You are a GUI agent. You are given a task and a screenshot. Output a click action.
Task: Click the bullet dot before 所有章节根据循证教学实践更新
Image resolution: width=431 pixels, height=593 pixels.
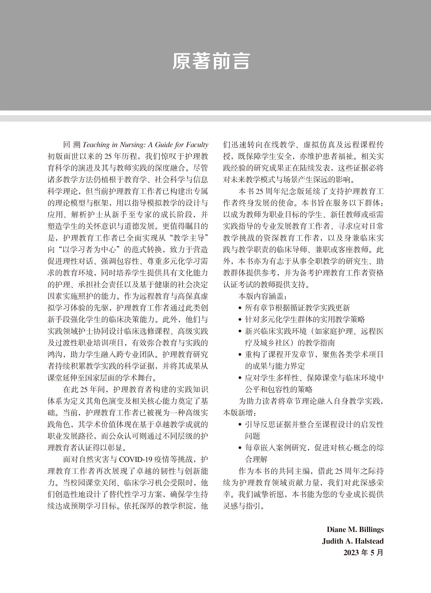click(240, 308)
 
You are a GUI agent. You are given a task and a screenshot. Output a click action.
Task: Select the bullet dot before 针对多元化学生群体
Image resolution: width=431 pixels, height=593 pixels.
click(240, 320)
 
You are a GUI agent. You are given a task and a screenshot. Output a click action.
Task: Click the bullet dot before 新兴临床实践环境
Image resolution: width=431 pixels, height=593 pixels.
click(240, 332)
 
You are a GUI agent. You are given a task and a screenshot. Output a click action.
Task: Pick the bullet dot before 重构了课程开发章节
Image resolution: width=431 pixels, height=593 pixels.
click(240, 355)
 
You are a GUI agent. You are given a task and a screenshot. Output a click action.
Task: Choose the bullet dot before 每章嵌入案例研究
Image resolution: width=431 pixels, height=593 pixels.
click(240, 448)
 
